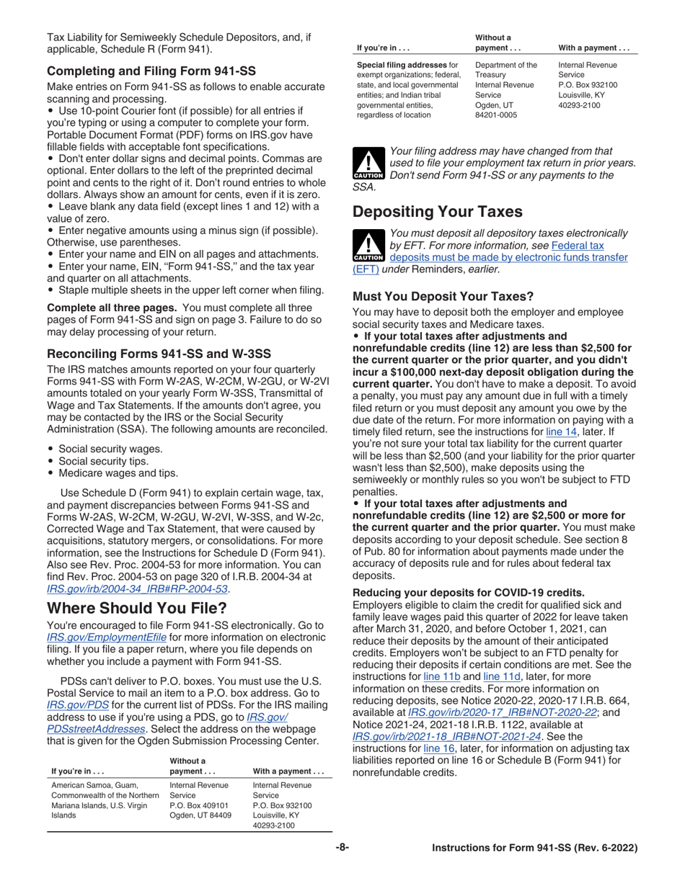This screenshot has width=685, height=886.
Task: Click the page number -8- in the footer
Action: coord(342,848)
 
